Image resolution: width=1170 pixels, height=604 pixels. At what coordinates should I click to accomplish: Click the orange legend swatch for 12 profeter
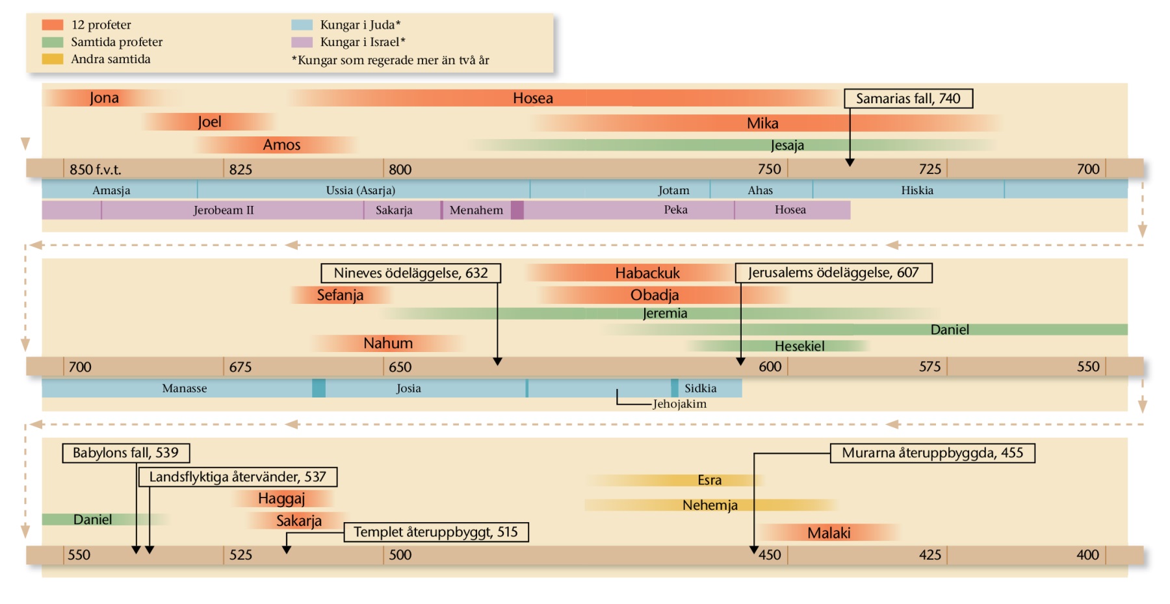coord(53,25)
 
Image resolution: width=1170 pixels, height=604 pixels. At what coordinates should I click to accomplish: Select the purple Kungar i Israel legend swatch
coord(302,42)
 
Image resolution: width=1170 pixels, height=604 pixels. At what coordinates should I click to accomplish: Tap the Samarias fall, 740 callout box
coord(908,99)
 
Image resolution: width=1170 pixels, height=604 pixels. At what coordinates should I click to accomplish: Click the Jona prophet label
coord(104,98)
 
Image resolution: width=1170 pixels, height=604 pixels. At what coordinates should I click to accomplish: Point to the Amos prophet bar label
coord(281,145)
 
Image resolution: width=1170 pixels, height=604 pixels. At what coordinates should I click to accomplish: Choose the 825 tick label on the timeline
coord(240,170)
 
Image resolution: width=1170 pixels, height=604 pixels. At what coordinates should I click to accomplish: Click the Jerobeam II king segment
coord(224,210)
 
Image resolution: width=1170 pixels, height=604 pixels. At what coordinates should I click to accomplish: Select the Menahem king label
coord(476,210)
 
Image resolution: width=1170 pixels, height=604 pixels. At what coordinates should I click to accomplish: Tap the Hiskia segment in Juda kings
coord(917,190)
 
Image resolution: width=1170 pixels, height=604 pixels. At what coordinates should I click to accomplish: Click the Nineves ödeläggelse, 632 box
coord(411,273)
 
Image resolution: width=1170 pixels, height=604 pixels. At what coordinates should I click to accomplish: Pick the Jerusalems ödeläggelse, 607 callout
coord(833,273)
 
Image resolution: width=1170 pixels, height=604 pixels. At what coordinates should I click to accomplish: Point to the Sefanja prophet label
coord(340,296)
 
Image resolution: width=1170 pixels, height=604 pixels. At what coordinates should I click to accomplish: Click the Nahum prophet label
coord(388,343)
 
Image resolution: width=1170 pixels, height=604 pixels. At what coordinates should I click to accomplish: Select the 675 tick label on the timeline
coord(240,367)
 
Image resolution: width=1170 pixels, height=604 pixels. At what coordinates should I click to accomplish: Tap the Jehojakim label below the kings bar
coord(679,404)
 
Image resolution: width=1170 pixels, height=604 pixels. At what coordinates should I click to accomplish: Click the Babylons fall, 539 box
coord(125,453)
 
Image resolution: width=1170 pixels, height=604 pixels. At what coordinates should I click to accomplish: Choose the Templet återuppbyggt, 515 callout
coord(435,533)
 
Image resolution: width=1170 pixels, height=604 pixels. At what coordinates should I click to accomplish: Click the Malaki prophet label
coord(829,533)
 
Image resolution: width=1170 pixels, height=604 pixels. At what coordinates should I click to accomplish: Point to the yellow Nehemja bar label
coord(710,505)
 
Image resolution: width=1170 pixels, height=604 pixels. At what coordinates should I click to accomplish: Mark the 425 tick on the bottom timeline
coord(930,555)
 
